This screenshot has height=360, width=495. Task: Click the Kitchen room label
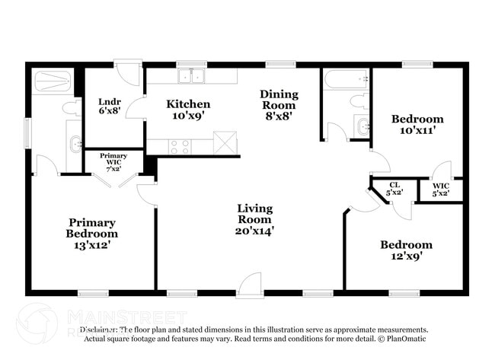tap(188, 110)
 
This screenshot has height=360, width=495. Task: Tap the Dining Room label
tap(279, 105)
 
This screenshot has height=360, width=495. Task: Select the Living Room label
tap(254, 218)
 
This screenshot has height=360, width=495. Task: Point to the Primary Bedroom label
tap(91, 234)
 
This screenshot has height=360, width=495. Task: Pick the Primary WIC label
tap(113, 161)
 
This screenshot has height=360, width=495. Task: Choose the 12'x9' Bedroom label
tap(406, 250)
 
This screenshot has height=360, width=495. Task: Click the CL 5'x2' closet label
tap(394, 189)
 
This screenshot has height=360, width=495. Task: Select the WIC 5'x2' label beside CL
tap(440, 190)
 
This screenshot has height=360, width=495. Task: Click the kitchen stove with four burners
tap(179, 145)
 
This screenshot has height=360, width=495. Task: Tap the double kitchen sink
tap(192, 76)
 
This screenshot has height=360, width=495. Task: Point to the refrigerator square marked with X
tap(225, 142)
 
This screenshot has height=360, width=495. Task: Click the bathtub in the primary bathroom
tap(53, 80)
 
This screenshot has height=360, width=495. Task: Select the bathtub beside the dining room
tap(345, 79)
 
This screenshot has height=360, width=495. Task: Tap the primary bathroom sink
tap(75, 142)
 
